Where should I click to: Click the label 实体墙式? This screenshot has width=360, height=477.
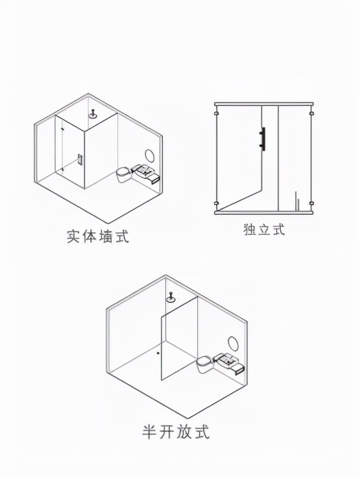pos(98,236)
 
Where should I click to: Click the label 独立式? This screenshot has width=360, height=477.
pos(264,229)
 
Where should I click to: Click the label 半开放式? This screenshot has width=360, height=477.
pos(176,431)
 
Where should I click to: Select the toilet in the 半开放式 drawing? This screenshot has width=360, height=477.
pos(204,363)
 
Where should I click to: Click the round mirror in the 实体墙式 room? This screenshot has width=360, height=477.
pos(150,156)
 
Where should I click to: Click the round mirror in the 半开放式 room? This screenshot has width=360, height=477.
pos(234,344)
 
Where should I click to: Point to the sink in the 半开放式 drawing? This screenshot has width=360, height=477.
pos(228,362)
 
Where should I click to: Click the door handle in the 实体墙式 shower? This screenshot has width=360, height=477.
pos(79,160)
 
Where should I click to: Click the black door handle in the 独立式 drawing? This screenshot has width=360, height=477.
pos(262,138)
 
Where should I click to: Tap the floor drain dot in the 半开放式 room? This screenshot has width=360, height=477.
pos(158,352)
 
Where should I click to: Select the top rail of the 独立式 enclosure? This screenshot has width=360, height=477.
pos(264,103)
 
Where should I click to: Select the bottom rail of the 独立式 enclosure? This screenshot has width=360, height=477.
pos(264,212)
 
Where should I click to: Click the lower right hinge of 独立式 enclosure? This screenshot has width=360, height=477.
pos(311,204)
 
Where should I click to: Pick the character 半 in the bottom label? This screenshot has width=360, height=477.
pos(149,431)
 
